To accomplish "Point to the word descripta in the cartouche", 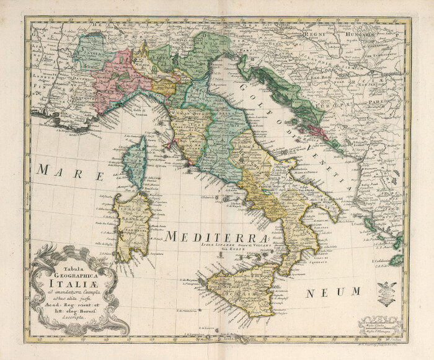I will [68, 315].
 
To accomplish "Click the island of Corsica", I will [135, 162].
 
